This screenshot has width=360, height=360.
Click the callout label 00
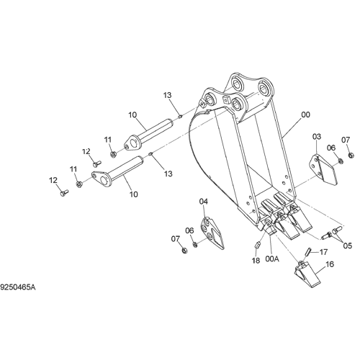coord(305,114)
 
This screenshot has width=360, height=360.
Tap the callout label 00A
coord(272,259)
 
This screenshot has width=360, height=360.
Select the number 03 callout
coord(317,137)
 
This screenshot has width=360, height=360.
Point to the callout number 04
coord(204,202)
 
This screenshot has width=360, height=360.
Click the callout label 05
coord(347,246)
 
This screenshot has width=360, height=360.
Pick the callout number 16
coord(330,264)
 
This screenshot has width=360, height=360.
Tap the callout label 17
coord(323,252)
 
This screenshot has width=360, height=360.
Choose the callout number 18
coord(256,261)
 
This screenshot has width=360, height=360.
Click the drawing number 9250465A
coord(18,287)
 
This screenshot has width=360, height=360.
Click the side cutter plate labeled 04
coord(212,233)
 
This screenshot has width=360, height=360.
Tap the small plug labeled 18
coord(257,246)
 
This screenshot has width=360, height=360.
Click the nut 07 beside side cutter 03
coord(351,156)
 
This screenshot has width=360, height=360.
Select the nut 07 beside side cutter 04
coord(184,251)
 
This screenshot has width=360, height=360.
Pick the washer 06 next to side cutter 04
coord(195,245)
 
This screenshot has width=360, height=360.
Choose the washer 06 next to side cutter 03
coord(340,161)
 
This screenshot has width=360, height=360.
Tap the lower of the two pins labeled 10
coord(117,171)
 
